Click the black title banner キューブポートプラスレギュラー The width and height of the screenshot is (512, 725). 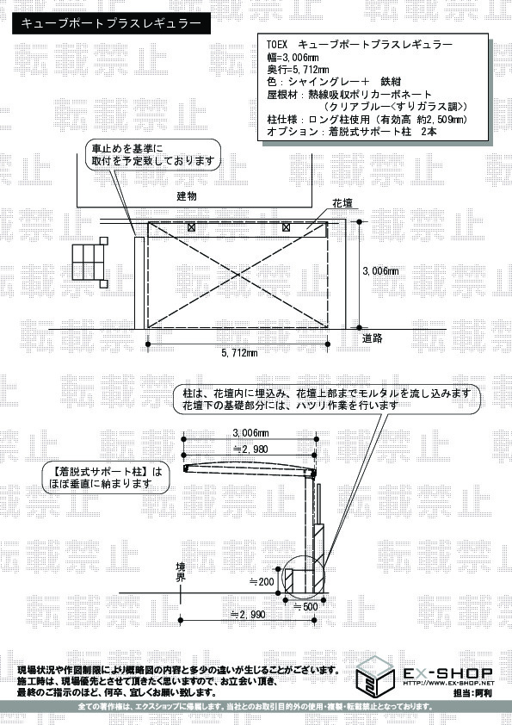click(x=111, y=23)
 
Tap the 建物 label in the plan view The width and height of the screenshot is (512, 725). click(x=187, y=196)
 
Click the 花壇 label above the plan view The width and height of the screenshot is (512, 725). click(x=342, y=203)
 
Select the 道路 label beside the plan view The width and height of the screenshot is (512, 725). click(x=372, y=338)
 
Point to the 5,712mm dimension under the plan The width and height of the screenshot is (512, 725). click(x=239, y=353)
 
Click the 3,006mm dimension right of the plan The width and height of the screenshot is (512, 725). click(x=380, y=271)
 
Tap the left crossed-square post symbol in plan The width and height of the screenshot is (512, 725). click(x=191, y=227)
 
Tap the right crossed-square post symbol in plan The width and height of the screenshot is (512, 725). click(x=286, y=227)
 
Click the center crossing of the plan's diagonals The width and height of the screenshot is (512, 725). click(x=238, y=276)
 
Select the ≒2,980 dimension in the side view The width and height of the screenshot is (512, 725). click(x=250, y=449)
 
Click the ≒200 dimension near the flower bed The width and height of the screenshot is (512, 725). click(x=262, y=582)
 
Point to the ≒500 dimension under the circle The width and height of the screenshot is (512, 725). click(x=305, y=606)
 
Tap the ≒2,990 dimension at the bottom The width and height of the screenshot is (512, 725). click(x=248, y=615)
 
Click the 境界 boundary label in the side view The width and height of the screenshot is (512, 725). click(x=181, y=572)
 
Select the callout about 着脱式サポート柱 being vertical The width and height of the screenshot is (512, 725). click(x=105, y=478)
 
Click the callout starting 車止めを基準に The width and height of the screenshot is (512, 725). click(x=153, y=154)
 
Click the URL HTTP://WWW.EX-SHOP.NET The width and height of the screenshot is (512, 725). click(x=448, y=683)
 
